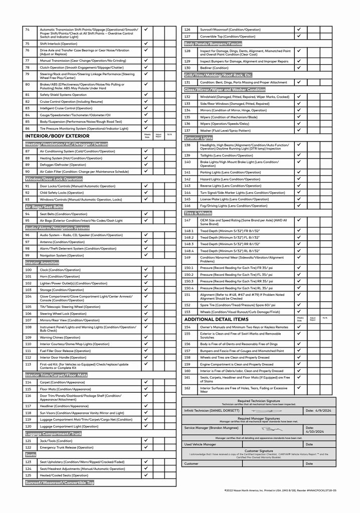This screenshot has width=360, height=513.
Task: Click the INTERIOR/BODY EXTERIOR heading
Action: (57, 136)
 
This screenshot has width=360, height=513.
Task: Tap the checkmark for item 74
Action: (146, 30)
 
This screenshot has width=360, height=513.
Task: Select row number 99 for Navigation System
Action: (28, 255)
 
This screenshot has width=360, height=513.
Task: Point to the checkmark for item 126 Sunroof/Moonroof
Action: (298, 29)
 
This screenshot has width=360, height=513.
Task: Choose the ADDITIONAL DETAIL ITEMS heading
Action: (216, 319)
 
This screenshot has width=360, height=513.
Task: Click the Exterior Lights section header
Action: (199, 138)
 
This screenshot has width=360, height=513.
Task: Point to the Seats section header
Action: (31, 455)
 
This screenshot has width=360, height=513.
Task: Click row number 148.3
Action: (189, 244)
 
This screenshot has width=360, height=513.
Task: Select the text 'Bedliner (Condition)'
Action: (214, 68)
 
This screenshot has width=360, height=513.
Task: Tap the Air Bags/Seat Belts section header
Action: (44, 207)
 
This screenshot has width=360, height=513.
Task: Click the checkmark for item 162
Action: (298, 387)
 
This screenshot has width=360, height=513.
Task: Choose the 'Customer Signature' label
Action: (259, 451)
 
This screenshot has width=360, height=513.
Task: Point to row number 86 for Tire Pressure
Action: (28, 128)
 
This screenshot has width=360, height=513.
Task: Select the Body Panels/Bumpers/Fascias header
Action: (213, 44)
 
